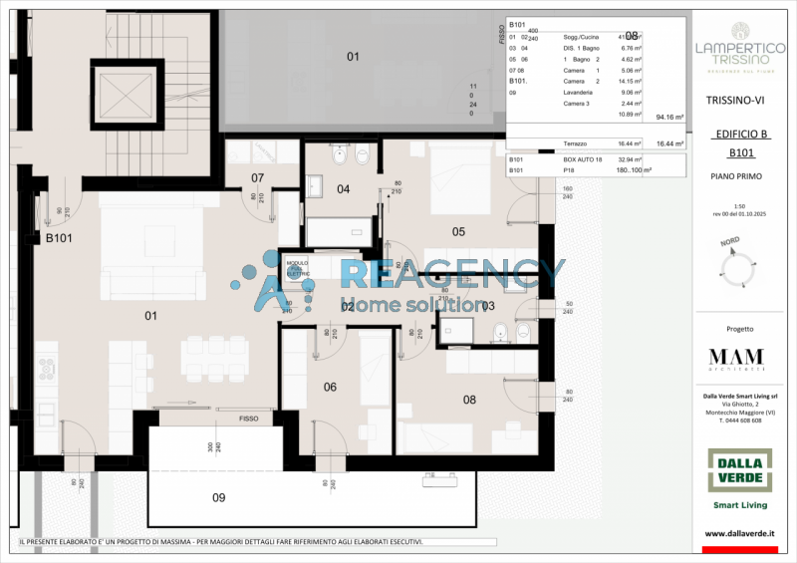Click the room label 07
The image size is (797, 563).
click(x=257, y=178)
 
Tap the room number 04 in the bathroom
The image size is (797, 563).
click(x=343, y=188)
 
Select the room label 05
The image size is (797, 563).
click(x=458, y=231)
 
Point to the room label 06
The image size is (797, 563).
click(x=330, y=387)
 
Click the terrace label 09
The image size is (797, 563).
click(x=218, y=497)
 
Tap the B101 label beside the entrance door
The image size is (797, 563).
click(x=61, y=239)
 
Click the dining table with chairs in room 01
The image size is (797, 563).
click(x=215, y=358)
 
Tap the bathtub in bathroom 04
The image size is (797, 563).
click(x=338, y=230)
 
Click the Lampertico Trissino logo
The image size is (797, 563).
click(x=738, y=50)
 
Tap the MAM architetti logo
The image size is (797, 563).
click(x=736, y=360)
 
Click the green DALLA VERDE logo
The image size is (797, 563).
click(x=739, y=469)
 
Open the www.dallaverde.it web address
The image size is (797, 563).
click(x=739, y=535)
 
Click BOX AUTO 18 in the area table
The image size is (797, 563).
click(x=584, y=159)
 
